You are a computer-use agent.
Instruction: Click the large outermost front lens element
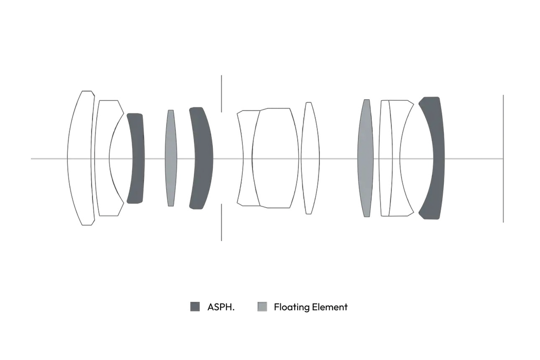81,158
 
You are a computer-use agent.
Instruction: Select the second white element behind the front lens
103,158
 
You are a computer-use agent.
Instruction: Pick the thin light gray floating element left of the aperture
171,158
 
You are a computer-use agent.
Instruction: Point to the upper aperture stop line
222,94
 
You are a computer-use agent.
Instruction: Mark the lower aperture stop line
222,222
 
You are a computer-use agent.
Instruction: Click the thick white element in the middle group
276,158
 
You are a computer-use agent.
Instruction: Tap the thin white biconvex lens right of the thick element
310,158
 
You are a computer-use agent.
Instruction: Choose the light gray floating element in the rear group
366,158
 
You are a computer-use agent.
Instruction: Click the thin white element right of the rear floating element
385,158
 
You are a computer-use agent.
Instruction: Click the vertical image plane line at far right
503,158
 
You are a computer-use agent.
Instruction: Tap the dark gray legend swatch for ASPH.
195,307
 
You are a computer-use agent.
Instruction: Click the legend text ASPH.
221,307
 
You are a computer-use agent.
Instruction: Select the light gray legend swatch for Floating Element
262,307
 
